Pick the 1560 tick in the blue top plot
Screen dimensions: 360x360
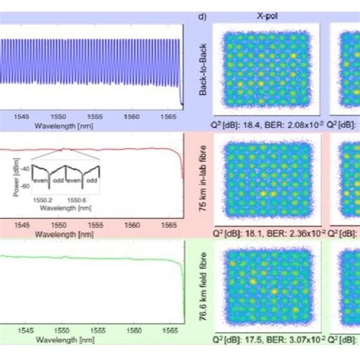coord(132,116)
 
